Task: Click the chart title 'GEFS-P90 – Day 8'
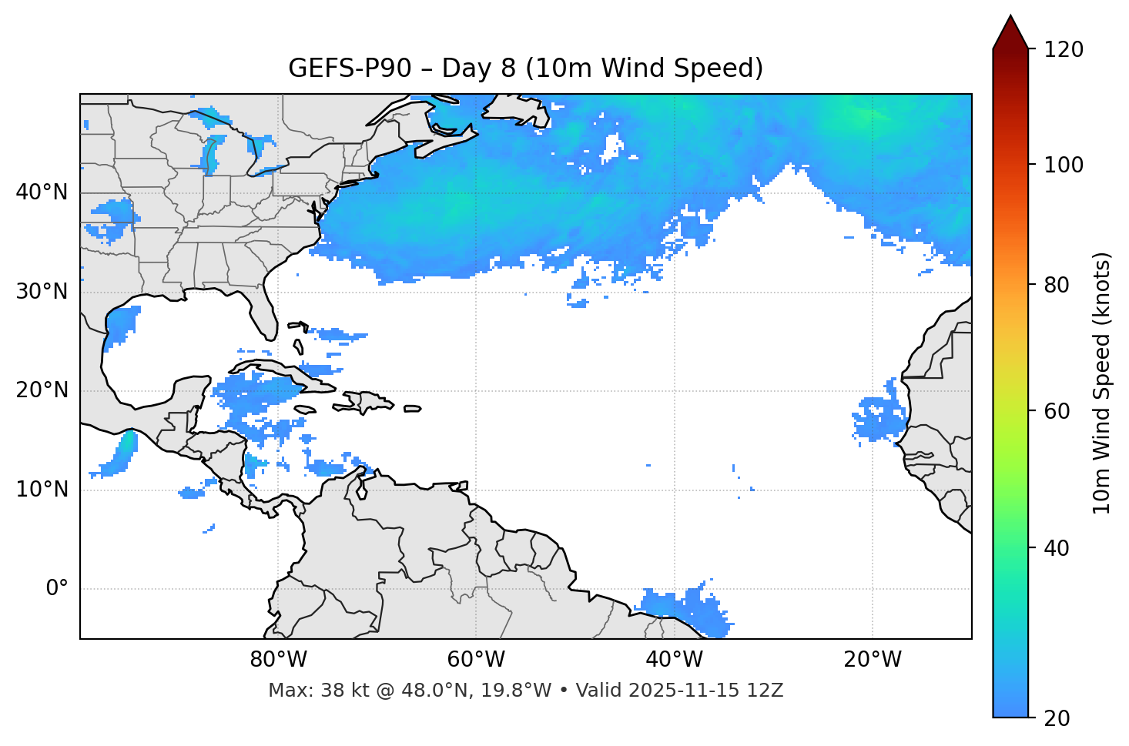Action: click(525, 69)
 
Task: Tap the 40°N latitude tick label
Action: click(42, 192)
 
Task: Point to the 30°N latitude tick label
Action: click(42, 292)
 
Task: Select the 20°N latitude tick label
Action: click(42, 390)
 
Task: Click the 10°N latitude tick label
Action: click(42, 490)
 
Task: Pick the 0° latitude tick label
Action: click(57, 589)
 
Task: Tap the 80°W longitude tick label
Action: click(278, 660)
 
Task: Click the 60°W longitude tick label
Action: click(476, 660)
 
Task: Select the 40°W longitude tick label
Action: click(675, 660)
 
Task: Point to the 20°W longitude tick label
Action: click(873, 660)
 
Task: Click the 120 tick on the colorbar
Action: click(1064, 49)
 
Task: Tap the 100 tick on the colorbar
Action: click(1064, 165)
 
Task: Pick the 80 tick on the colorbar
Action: click(1058, 285)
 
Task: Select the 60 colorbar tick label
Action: click(1058, 411)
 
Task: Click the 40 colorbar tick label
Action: click(1058, 548)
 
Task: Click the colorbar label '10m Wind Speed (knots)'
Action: click(1102, 383)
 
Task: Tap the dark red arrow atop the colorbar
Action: click(1010, 33)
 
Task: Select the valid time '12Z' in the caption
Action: click(767, 691)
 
